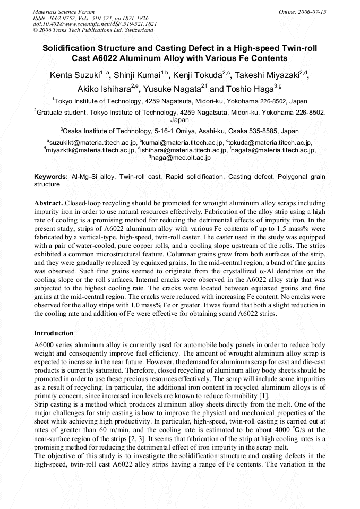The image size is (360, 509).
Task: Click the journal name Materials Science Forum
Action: pos(64,12)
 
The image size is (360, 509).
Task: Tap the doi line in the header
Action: pos(95,24)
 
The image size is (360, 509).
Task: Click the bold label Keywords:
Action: pos(51,177)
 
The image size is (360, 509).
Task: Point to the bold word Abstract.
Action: pos(48,203)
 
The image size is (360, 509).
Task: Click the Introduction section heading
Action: pos(54,333)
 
